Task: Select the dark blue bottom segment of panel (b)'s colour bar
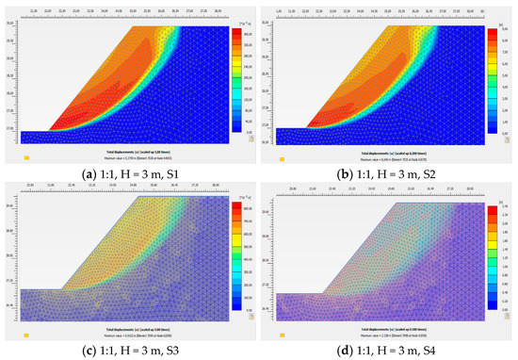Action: (x=491, y=128)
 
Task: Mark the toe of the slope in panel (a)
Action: (x=46, y=131)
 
